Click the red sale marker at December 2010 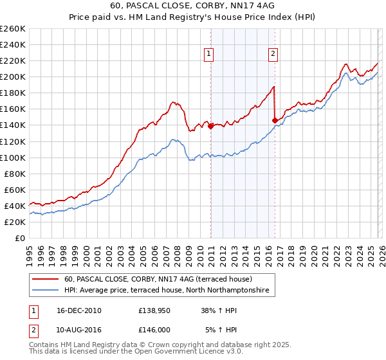tap(210, 126)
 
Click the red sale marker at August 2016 tap(275, 120)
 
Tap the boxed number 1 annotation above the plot tap(210, 54)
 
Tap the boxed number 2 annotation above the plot tap(273, 54)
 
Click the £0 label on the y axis tap(19, 238)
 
